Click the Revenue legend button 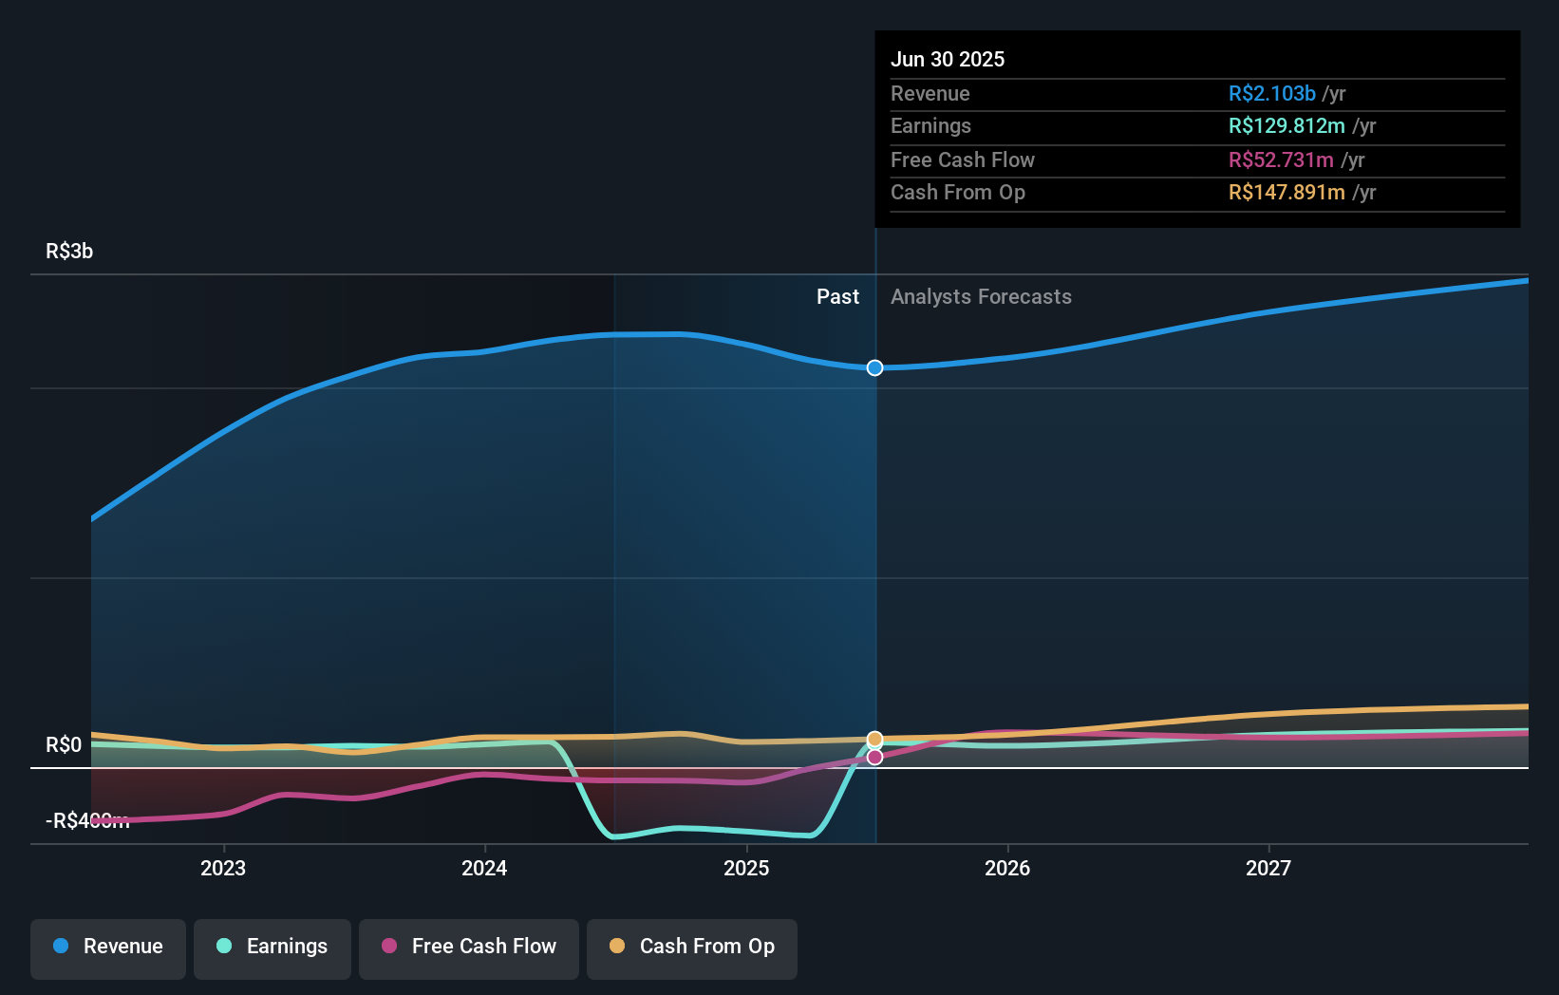pyautogui.click(x=108, y=947)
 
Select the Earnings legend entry pyautogui.click(x=272, y=947)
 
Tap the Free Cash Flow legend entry pyautogui.click(x=469, y=947)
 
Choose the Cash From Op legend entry pyautogui.click(x=692, y=947)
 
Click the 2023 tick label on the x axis pyautogui.click(x=223, y=868)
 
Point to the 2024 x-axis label pyautogui.click(x=484, y=868)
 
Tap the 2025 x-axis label pyautogui.click(x=746, y=868)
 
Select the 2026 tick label pyautogui.click(x=1007, y=868)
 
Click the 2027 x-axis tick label pyautogui.click(x=1268, y=868)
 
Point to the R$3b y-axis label pyautogui.click(x=69, y=251)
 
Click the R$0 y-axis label pyautogui.click(x=64, y=744)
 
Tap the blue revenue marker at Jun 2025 pyautogui.click(x=874, y=367)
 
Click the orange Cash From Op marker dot pyautogui.click(x=874, y=739)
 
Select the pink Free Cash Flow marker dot pyautogui.click(x=874, y=757)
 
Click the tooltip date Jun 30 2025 pyautogui.click(x=947, y=59)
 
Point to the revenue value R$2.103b pyautogui.click(x=1271, y=93)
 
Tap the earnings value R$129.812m pyautogui.click(x=1287, y=125)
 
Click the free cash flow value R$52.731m pyautogui.click(x=1281, y=160)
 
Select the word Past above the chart pyautogui.click(x=837, y=296)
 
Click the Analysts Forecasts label pyautogui.click(x=981, y=296)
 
